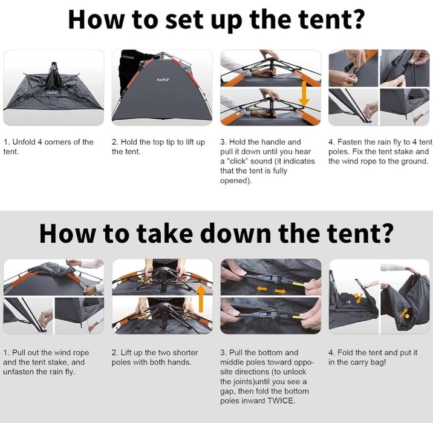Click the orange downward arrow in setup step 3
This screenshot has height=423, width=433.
[x=304, y=94]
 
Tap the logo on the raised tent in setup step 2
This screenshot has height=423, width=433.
[x=163, y=79]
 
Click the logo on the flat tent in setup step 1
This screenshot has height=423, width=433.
[x=52, y=92]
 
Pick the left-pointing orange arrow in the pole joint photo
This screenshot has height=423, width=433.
[x=262, y=289]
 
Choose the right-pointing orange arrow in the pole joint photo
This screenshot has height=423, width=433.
[x=280, y=290]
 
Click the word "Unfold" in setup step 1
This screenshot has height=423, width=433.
[x=24, y=142]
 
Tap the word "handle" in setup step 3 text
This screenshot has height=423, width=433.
[x=272, y=142]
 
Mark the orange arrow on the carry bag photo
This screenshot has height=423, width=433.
[x=404, y=312]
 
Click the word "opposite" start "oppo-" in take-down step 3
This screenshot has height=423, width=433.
[x=304, y=362]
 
